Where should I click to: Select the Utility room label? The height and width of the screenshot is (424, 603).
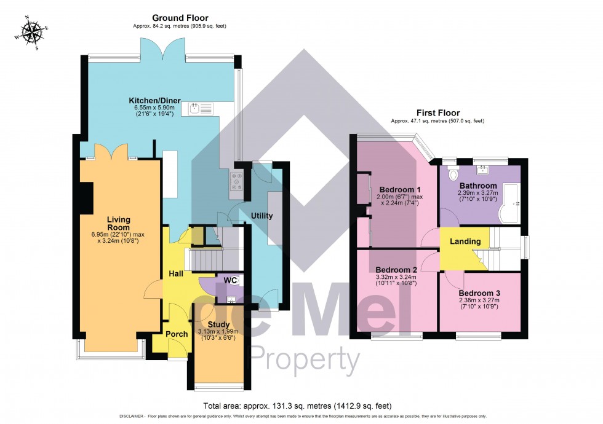pos(262,216)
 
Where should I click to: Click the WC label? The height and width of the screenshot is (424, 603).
pos(230,280)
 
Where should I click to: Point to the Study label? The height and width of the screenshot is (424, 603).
pos(218,324)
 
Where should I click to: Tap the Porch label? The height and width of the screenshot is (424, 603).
pos(177,334)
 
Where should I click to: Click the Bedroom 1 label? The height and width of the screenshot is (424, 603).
pos(399,189)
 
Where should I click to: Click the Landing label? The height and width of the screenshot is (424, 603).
pos(465,241)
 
